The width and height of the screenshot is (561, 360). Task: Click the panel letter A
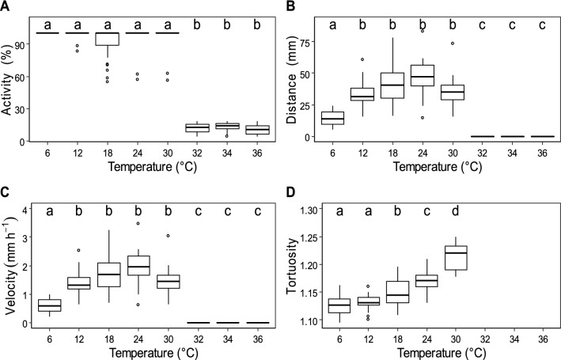click(6, 7)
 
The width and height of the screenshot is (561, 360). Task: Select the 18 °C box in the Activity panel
click(106, 39)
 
